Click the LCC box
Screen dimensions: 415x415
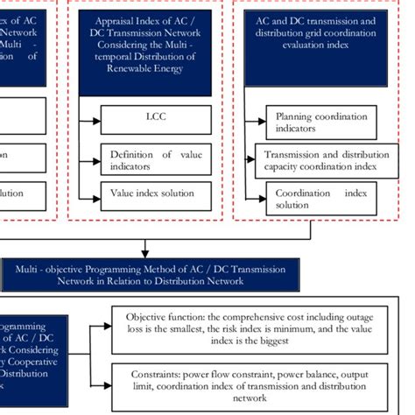pos(155,116)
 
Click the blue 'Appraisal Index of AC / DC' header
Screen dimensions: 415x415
pos(144,51)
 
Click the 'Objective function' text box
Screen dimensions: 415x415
pos(255,327)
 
